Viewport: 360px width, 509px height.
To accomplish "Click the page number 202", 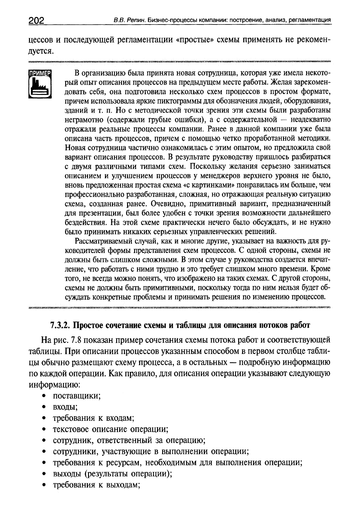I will (x=37, y=21).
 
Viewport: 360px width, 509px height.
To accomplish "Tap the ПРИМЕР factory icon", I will (x=40, y=84).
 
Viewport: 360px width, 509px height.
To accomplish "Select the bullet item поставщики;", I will (x=77, y=396).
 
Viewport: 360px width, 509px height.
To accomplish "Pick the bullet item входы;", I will (x=65, y=407).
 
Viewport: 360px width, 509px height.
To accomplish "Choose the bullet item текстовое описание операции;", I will (x=111, y=429).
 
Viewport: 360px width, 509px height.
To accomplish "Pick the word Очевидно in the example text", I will (x=170, y=203).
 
